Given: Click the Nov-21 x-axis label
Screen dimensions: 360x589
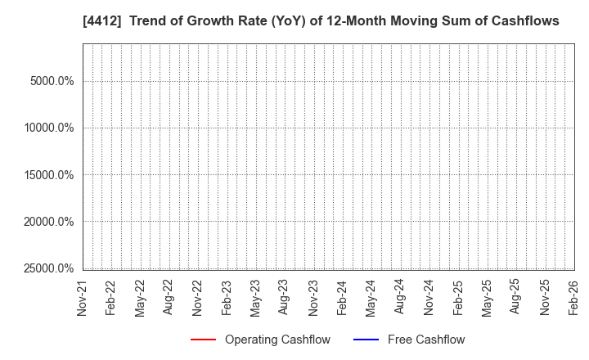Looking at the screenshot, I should coord(83,299).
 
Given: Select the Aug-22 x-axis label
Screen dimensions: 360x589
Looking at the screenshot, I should coord(169,299).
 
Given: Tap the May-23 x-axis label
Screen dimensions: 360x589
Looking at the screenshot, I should coord(255,299).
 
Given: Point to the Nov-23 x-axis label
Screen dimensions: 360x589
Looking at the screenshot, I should coord(313,299).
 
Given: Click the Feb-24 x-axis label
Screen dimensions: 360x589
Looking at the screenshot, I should coord(342,299).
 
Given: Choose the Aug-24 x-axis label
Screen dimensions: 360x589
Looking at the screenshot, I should coord(400,299).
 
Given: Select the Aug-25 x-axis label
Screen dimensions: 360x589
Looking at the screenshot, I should coord(516,299).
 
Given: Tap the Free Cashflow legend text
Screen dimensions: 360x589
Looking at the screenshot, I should coord(426,340).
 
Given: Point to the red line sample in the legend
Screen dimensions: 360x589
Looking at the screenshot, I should coord(203,340).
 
